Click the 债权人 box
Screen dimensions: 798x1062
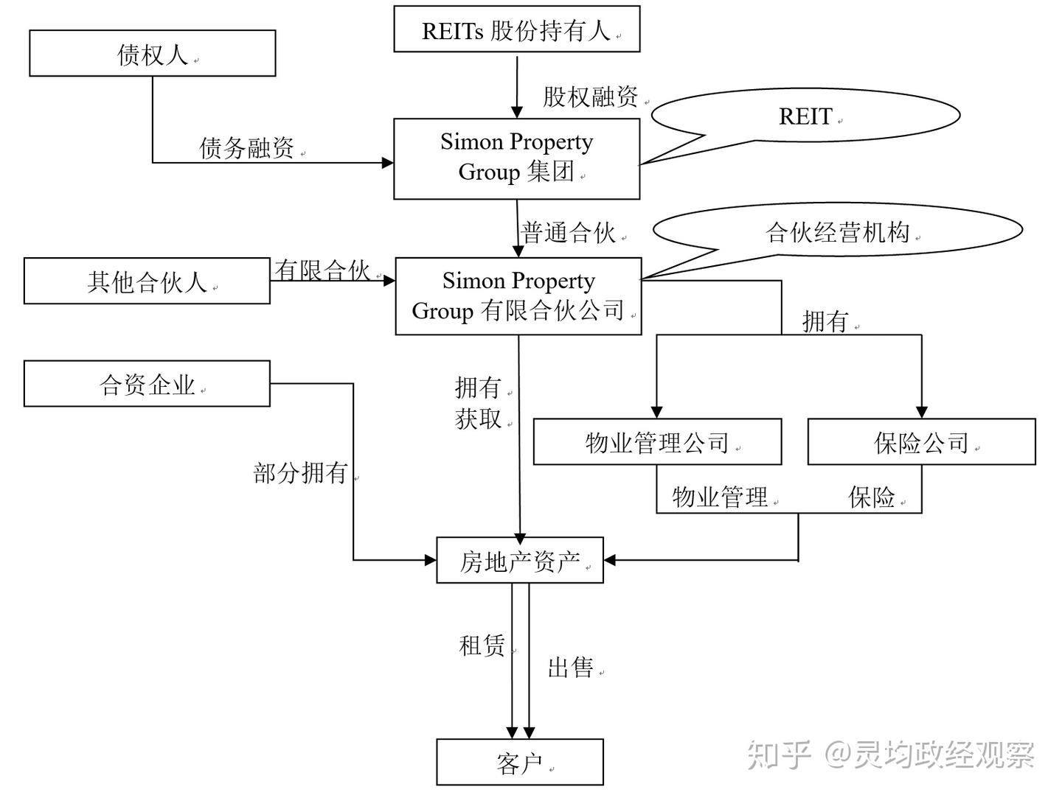152,54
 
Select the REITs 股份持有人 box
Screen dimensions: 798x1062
516,29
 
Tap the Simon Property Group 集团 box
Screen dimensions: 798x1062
516,158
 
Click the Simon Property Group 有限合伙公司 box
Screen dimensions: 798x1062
518,296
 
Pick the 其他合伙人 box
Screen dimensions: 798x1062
147,281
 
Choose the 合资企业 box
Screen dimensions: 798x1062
147,383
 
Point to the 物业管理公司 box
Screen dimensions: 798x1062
656,442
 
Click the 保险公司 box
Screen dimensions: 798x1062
921,442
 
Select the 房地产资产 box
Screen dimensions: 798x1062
520,561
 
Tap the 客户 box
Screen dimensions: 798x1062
520,763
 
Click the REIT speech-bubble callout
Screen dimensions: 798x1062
805,116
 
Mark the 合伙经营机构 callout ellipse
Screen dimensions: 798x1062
837,231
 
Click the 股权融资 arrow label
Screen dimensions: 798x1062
590,97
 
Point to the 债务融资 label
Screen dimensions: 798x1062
246,147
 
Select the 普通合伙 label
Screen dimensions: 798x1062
568,232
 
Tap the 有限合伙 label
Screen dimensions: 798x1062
322,270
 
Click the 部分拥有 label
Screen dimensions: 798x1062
300,472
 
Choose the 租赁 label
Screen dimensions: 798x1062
482,645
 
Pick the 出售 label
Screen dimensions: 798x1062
570,668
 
